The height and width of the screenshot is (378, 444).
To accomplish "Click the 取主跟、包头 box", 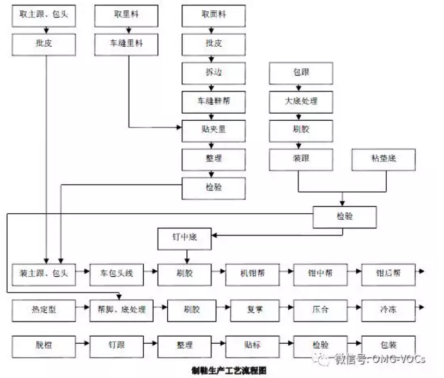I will point(43,15).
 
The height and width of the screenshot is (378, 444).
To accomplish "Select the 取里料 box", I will point(126,15).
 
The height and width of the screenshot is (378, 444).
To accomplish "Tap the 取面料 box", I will point(214,15).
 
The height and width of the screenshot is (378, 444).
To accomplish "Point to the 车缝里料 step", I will point(126,44).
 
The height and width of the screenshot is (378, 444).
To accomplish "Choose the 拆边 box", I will point(214,72).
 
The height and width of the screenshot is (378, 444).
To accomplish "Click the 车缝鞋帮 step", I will point(214,101).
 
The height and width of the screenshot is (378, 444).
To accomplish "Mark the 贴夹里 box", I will point(214,129).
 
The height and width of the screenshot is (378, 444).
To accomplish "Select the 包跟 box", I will point(301,72).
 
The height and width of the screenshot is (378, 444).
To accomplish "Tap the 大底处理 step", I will point(301,101).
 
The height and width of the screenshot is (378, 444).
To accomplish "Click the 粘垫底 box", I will point(385,158).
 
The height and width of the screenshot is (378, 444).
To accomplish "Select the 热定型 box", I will point(43,309).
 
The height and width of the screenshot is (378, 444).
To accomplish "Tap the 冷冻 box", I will point(388,309).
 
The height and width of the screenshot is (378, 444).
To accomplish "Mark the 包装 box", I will point(388,345).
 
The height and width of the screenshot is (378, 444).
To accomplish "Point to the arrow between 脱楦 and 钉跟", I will point(82,345).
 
